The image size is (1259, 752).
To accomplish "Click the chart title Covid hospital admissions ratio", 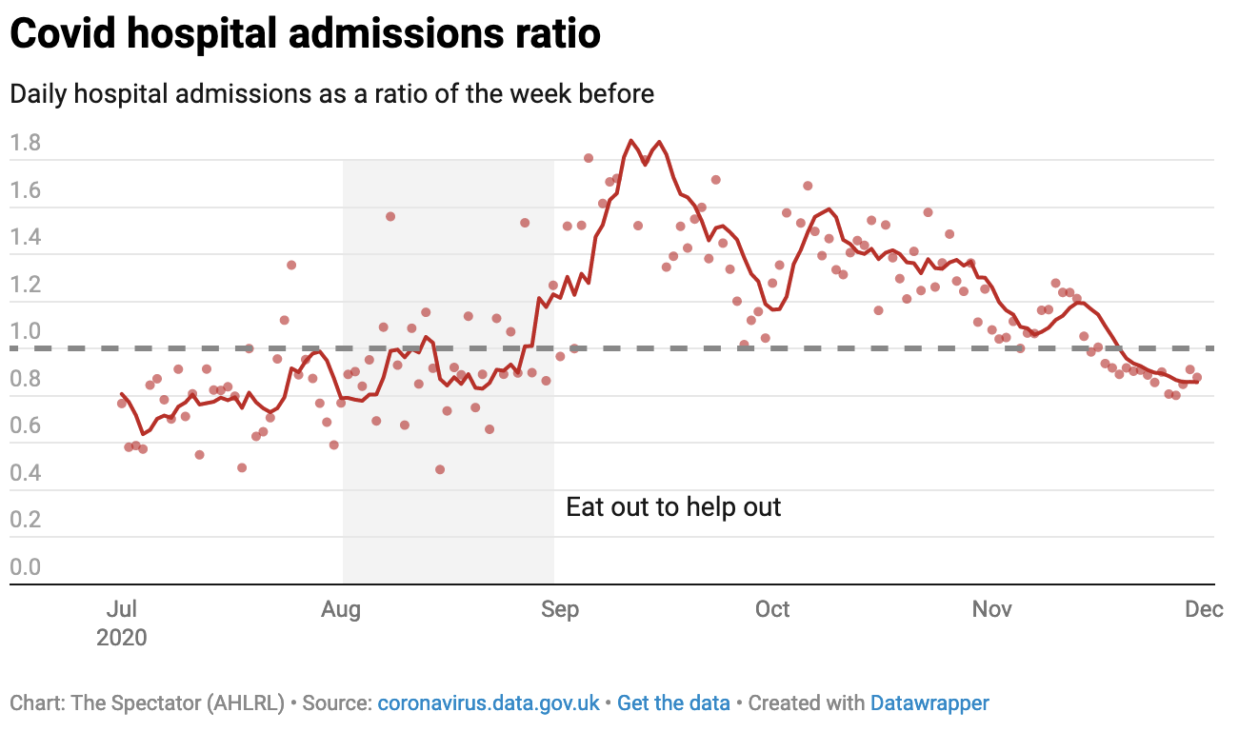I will click(305, 33).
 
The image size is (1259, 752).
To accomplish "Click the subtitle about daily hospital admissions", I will click(331, 94).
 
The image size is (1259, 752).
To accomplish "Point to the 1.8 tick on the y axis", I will click(26, 144).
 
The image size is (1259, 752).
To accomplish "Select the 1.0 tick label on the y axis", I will click(26, 332).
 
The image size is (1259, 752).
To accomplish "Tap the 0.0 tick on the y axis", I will click(26, 567).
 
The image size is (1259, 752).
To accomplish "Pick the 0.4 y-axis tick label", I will click(26, 473).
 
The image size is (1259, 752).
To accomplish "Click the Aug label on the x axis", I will click(341, 609).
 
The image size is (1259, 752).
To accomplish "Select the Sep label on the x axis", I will click(560, 609).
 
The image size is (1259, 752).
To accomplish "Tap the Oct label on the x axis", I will click(772, 609).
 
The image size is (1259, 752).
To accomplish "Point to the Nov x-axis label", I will click(992, 609).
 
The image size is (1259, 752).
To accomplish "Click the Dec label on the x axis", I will click(1204, 609).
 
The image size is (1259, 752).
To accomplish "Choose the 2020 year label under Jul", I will click(122, 637).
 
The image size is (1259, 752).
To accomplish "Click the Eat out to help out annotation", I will click(673, 507).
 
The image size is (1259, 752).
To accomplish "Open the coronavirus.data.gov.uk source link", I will click(489, 703).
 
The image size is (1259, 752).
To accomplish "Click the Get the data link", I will click(673, 703).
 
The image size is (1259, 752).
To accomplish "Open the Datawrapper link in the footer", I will click(929, 703).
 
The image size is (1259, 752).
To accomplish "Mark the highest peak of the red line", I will click(631, 141).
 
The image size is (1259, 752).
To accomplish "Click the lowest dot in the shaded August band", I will click(440, 469).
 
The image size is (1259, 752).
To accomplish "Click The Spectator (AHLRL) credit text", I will click(147, 703).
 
